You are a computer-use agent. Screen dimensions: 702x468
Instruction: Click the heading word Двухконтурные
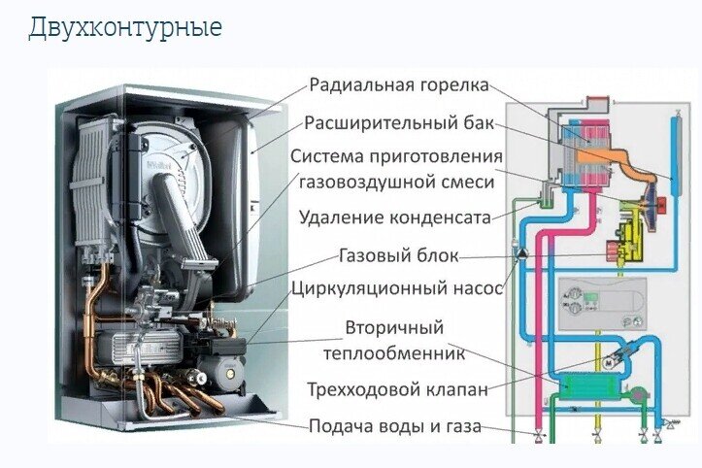click(x=125, y=28)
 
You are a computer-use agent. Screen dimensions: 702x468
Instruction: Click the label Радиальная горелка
click(x=399, y=85)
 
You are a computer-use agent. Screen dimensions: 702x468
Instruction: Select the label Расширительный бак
click(x=399, y=122)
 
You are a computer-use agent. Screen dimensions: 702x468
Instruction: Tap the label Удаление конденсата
click(x=395, y=217)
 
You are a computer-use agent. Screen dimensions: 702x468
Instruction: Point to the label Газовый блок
click(x=399, y=255)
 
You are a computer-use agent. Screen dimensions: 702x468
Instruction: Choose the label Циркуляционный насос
click(x=397, y=287)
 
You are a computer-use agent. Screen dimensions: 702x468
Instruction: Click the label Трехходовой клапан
click(x=397, y=389)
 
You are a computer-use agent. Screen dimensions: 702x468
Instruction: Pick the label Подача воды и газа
click(x=395, y=426)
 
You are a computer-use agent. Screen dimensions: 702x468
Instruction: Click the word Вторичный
click(x=394, y=328)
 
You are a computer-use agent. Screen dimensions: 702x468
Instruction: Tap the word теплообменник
click(x=394, y=353)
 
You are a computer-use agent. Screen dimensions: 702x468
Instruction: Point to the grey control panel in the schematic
click(x=603, y=304)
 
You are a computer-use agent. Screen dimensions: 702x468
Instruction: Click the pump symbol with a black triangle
click(x=521, y=253)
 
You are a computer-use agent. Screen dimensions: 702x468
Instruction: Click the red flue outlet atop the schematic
click(x=598, y=104)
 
